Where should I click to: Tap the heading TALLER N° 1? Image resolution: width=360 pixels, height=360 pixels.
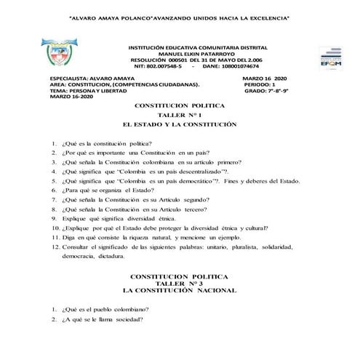180,115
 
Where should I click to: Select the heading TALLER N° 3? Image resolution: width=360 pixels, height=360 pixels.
180,283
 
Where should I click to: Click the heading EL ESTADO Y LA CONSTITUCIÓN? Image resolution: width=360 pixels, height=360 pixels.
180,124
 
